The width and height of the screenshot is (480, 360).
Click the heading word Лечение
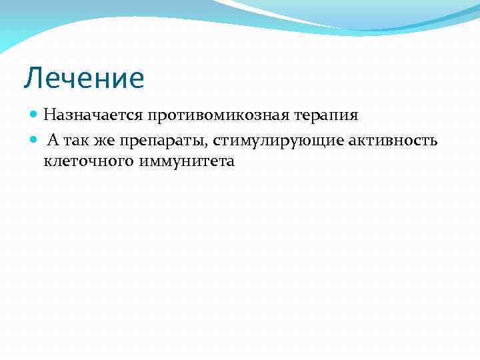[84, 78]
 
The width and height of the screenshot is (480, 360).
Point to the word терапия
[325, 115]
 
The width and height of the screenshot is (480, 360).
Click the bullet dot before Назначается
[35, 115]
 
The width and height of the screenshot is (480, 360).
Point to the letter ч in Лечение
[67, 80]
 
